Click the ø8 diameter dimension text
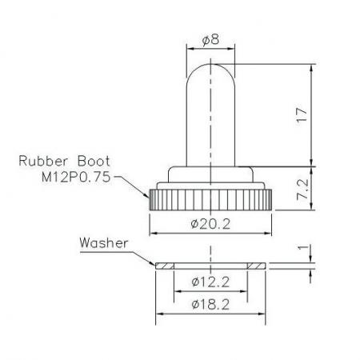coord(210,38)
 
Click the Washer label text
coord(103,241)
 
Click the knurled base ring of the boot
coord(210,198)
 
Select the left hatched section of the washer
coord(164,265)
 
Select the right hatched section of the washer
coord(257,265)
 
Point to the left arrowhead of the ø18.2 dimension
coord(159,314)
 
